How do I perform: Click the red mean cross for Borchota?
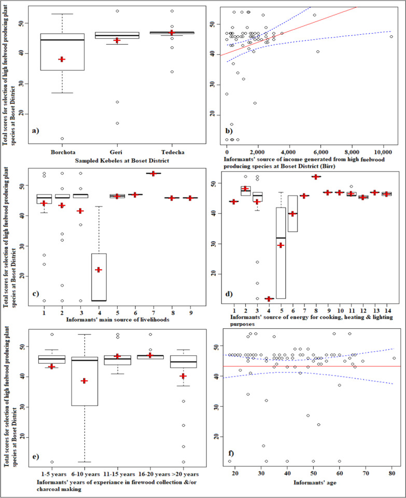[62, 59]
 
